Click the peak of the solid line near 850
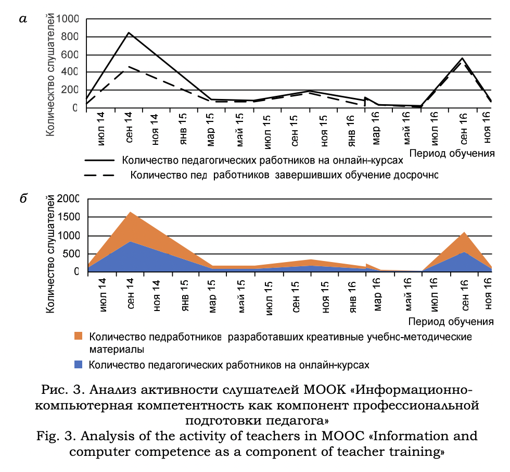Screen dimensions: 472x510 point(129,32)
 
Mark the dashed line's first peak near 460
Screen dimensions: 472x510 point(129,67)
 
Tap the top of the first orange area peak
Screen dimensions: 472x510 point(129,212)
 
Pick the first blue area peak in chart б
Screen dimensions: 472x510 point(129,241)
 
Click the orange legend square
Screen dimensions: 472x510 point(80,337)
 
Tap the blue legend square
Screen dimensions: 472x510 point(80,364)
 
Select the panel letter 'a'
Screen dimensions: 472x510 point(22,19)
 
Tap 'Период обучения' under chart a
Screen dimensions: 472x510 point(451,153)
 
